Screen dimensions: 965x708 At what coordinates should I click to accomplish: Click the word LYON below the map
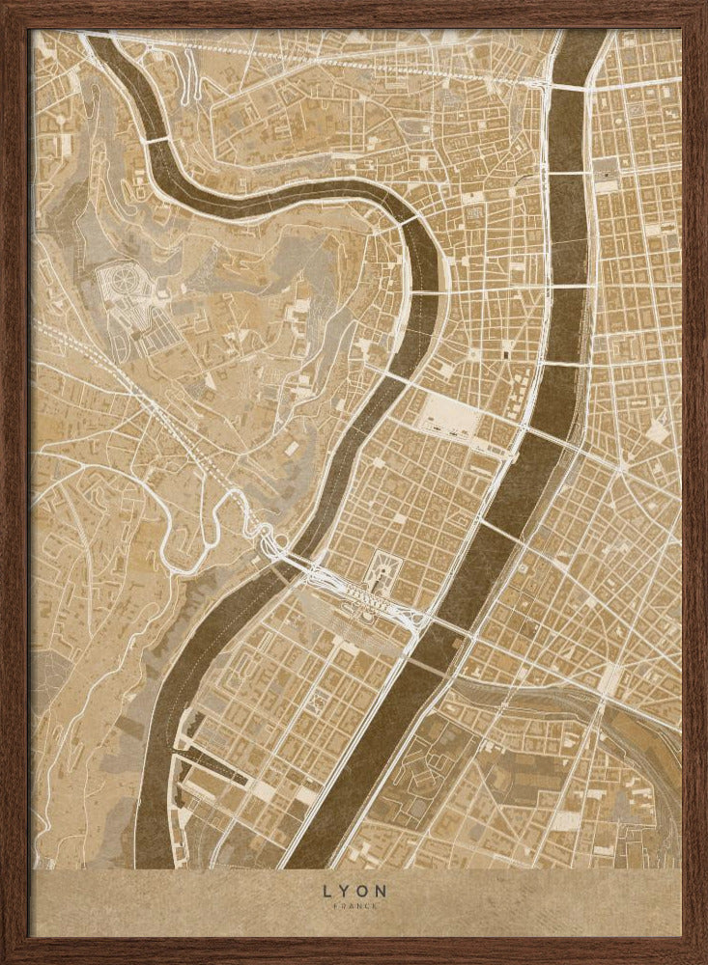pyautogui.click(x=353, y=890)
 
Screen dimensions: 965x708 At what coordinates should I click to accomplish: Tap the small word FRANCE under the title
pyautogui.click(x=353, y=907)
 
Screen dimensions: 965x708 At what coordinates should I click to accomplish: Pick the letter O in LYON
pyautogui.click(x=363, y=890)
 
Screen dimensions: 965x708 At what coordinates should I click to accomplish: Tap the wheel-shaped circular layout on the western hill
pyautogui.click(x=125, y=285)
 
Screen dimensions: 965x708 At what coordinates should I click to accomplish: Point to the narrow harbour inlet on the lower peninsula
pyautogui.click(x=212, y=762)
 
